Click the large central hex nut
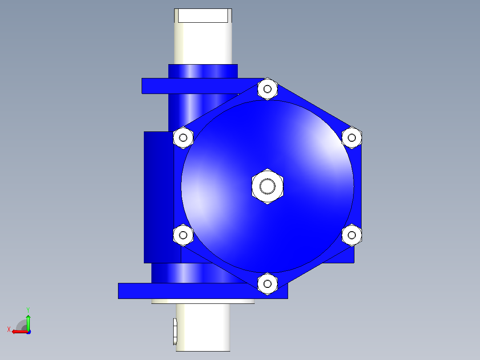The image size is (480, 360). pos(267,186)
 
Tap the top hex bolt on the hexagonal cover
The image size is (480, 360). pos(267,89)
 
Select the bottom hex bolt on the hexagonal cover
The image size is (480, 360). pos(267,284)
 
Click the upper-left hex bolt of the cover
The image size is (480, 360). pos(183,138)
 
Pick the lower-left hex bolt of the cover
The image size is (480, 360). pos(183,235)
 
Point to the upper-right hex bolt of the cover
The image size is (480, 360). pos(352,138)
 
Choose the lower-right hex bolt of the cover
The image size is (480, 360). pos(352,235)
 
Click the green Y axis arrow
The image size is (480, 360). pos(28,322)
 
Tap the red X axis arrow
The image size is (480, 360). pos(20,331)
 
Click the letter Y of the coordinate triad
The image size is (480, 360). pos(28,310)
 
